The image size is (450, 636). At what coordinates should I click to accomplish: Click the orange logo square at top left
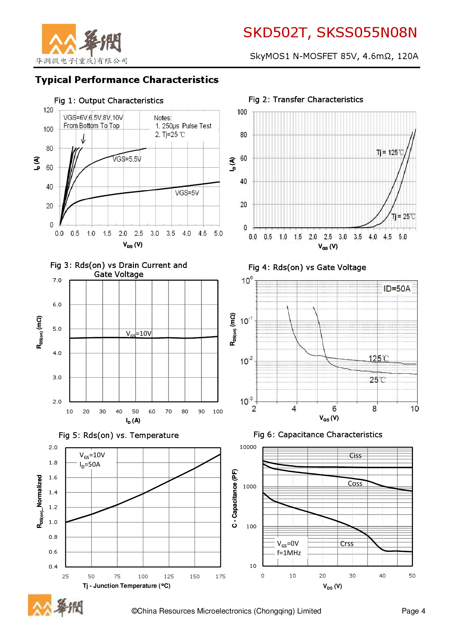click(59, 39)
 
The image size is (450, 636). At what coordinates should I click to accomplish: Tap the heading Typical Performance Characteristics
click(127, 80)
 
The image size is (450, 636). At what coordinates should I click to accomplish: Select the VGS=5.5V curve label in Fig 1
click(127, 159)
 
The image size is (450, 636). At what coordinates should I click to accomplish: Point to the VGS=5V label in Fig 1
click(187, 193)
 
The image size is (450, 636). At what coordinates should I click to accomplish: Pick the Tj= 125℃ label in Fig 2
click(390, 153)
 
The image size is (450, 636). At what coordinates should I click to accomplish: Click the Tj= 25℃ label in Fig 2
click(403, 216)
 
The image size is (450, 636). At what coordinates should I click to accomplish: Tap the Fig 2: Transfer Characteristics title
click(306, 100)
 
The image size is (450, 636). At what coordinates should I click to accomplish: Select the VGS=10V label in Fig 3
click(139, 334)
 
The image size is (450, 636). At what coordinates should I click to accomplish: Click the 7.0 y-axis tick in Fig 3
click(57, 280)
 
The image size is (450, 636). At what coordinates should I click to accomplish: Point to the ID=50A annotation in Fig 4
click(397, 289)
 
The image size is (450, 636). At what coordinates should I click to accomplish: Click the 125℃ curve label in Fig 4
click(379, 359)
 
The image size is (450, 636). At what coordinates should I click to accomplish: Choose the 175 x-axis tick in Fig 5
click(220, 577)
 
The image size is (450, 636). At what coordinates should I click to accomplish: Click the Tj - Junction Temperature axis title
click(126, 586)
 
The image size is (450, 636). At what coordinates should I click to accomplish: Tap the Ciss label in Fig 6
click(355, 456)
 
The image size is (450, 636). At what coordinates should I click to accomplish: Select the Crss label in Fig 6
click(347, 544)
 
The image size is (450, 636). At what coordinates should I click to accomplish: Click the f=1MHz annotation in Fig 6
click(289, 553)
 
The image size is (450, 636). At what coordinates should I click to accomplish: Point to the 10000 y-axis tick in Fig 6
click(248, 447)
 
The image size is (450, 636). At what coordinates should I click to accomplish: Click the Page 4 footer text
click(413, 611)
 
